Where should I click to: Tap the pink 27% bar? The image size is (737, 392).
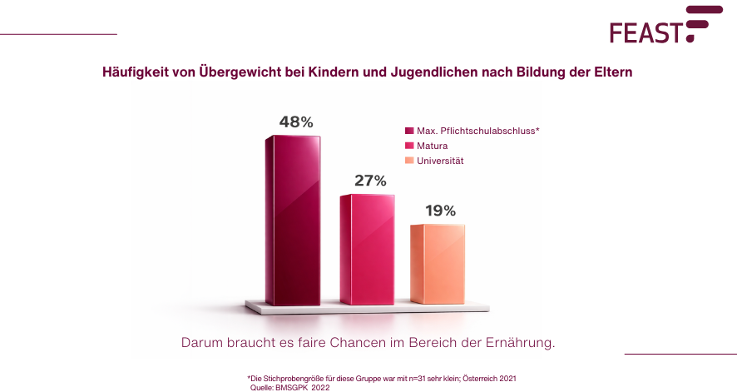tap(367, 249)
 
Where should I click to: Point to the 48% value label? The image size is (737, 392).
tap(296, 122)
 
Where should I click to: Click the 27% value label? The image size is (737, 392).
tap(370, 181)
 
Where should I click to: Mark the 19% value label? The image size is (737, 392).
tap(440, 211)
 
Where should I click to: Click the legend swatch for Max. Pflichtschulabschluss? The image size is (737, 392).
tap(409, 131)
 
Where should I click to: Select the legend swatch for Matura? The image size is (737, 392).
tap(409, 146)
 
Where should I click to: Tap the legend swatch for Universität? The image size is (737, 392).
tap(409, 161)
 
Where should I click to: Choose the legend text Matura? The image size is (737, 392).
tap(432, 146)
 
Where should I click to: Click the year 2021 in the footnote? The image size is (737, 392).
tap(507, 378)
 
